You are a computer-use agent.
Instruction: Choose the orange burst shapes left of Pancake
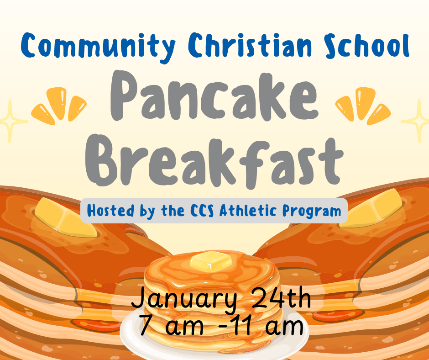click(59, 105)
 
